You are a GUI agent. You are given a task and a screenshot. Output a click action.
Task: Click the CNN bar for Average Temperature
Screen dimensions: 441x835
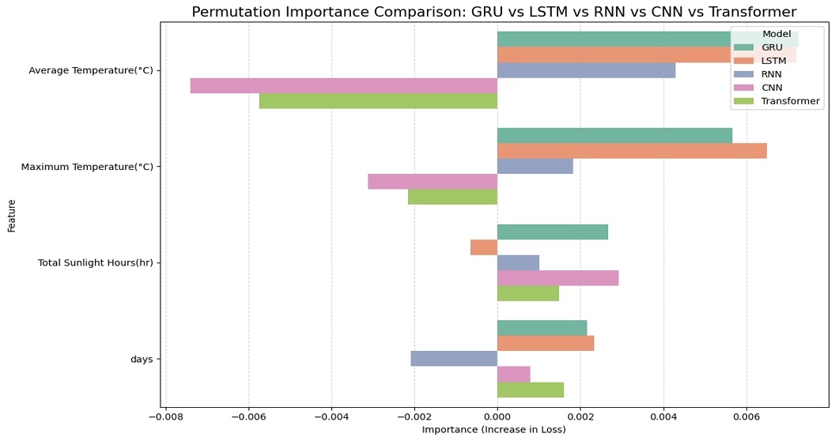(343, 85)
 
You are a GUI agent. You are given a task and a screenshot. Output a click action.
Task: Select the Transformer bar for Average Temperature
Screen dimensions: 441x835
(378, 101)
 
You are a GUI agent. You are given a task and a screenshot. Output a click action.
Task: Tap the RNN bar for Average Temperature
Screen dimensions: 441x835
(586, 70)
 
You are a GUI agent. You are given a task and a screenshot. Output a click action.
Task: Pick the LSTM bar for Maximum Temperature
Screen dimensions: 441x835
(632, 151)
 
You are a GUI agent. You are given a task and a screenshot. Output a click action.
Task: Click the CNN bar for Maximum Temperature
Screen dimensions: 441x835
(433, 182)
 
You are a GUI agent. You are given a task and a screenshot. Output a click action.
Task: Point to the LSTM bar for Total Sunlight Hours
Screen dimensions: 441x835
(484, 247)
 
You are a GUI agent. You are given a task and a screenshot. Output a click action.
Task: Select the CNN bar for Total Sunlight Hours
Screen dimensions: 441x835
(557, 278)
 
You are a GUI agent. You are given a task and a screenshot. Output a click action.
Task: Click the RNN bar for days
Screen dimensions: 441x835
(454, 359)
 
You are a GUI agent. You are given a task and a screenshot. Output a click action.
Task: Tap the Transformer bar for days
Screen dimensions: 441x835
(531, 390)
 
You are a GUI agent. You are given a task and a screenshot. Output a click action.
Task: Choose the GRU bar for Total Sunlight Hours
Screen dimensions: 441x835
(552, 232)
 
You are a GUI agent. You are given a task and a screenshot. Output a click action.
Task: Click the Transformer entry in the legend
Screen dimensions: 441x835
(790, 101)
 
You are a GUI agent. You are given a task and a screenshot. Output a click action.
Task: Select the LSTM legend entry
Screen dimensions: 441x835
(774, 61)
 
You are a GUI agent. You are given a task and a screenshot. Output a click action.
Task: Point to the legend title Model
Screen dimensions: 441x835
(776, 34)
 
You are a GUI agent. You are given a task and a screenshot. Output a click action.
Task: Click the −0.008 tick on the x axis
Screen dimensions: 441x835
(166, 416)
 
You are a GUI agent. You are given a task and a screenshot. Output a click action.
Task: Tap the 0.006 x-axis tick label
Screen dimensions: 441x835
(746, 416)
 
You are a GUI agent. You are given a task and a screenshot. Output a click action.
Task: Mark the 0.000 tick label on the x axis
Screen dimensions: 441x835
(497, 416)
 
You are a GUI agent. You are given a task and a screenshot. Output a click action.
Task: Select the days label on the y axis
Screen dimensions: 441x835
(142, 360)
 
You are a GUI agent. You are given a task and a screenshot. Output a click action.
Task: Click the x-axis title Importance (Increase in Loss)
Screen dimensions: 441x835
(493, 430)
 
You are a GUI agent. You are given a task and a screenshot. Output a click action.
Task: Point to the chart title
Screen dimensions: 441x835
(493, 12)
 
